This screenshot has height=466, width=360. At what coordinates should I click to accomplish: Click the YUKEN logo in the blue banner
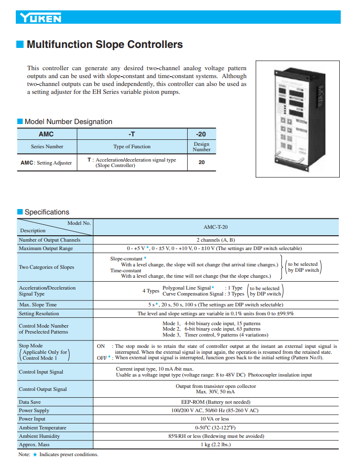(41, 18)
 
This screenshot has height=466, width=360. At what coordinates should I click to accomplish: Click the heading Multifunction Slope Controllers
(104, 45)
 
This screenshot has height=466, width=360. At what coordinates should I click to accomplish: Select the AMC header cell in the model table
(46, 134)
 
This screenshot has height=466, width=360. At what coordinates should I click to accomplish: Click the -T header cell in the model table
(131, 134)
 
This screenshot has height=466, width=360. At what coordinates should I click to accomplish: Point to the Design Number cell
(201, 147)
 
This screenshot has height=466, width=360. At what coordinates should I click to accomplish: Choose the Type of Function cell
(131, 147)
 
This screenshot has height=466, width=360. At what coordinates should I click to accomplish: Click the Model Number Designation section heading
(68, 122)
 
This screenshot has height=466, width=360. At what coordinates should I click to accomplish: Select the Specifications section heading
(47, 212)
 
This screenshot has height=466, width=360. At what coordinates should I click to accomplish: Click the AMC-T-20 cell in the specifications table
(215, 227)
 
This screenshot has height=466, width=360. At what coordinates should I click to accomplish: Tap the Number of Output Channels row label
(49, 240)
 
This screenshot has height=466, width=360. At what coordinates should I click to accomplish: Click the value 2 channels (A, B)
(215, 240)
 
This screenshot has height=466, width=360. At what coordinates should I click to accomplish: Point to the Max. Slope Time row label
(38, 304)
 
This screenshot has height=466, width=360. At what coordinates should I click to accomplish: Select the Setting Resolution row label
(39, 313)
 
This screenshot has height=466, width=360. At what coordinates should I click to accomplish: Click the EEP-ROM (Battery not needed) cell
(215, 402)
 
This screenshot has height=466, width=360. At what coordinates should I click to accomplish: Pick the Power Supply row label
(34, 410)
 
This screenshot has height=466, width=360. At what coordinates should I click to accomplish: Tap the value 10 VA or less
(215, 419)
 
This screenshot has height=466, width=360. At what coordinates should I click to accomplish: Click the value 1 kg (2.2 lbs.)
(215, 444)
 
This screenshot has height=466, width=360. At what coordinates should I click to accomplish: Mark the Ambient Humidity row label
(40, 436)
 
